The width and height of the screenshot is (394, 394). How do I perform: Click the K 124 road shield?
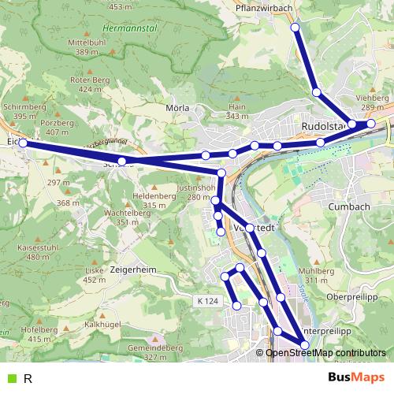pyautogui.click(x=206, y=301)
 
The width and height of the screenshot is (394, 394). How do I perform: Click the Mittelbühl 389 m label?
pyautogui.click(x=87, y=47)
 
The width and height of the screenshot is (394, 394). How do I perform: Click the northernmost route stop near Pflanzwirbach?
pyautogui.click(x=295, y=28)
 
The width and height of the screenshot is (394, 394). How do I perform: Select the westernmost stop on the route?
pyautogui.click(x=23, y=143)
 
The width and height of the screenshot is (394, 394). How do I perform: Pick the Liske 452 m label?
pyautogui.click(x=95, y=274)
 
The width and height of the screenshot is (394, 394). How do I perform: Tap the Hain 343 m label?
pyautogui.click(x=237, y=110)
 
